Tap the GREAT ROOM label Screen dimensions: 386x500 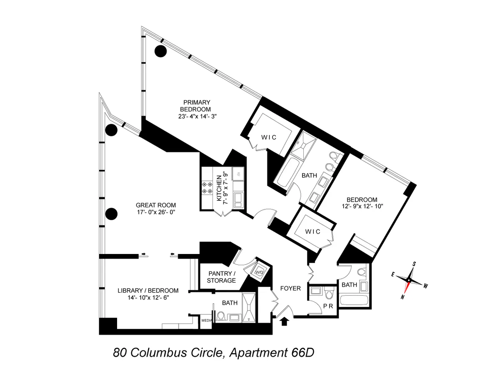pos(156,205)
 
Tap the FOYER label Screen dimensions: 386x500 pos(290,288)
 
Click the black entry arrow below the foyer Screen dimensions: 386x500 pos(285,321)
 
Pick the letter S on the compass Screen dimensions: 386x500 pos(415,264)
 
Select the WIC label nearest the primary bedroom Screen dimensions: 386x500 pos(269,137)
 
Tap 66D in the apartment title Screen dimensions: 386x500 pos(300,353)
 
